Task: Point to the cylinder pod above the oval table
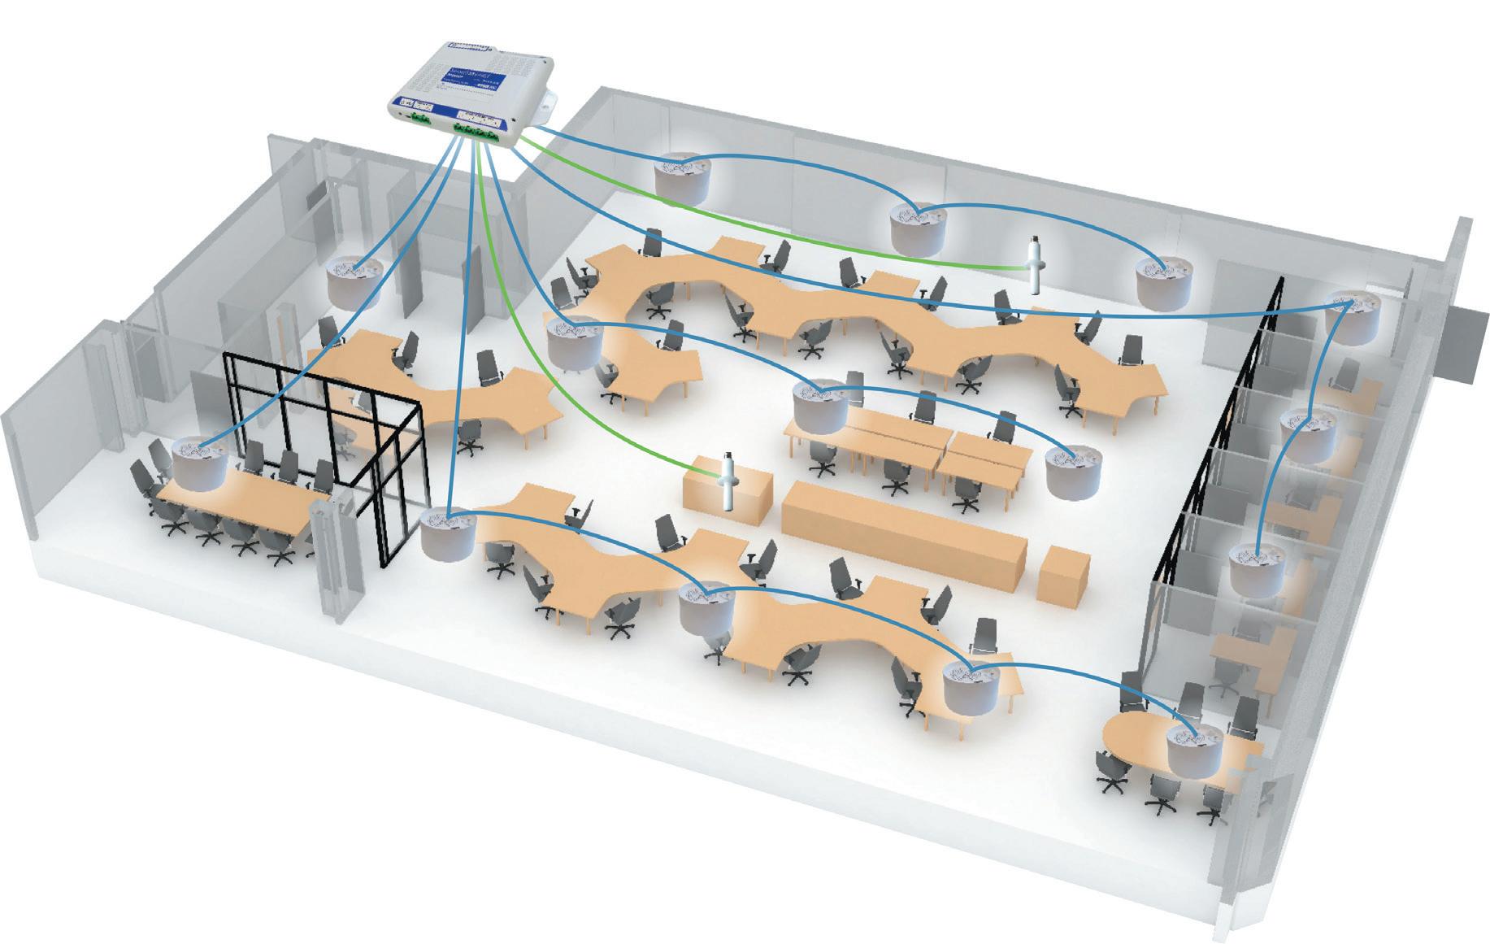click(x=1193, y=748)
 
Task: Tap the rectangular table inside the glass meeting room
click(x=236, y=504)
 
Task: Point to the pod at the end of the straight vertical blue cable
click(x=448, y=533)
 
